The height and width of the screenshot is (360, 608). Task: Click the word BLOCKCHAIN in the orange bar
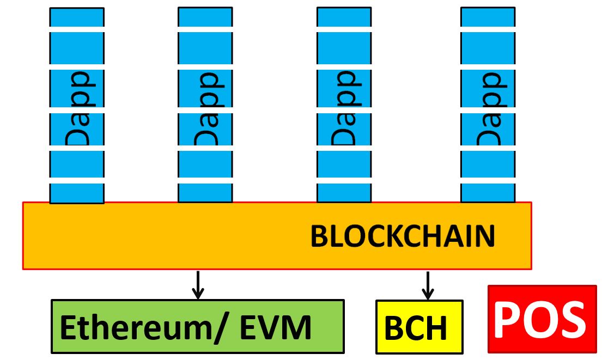[x=403, y=236]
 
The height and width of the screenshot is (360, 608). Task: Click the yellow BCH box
[x=419, y=327]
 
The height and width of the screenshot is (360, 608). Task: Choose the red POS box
[x=542, y=319]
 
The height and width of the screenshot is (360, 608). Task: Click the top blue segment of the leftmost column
[x=77, y=17]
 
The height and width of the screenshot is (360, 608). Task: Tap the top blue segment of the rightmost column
[x=488, y=17]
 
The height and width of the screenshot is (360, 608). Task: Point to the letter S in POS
[x=572, y=319]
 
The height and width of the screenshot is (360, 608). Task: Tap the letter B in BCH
[x=394, y=328]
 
